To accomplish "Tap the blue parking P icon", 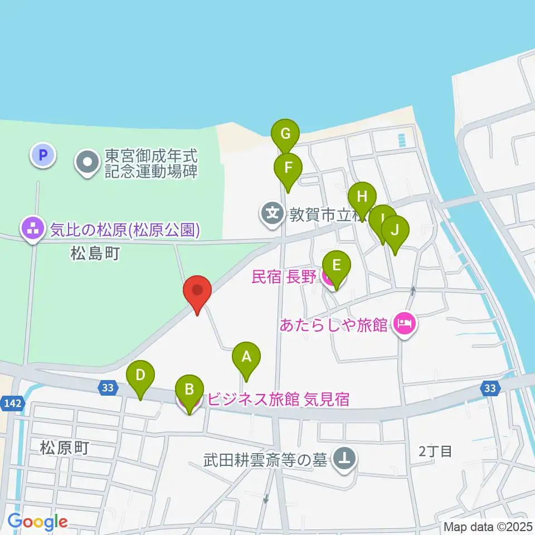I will (43, 154).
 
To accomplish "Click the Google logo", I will (37, 522).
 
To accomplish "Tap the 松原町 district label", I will (65, 448).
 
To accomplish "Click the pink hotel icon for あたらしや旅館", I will (405, 324).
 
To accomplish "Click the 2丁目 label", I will (435, 451).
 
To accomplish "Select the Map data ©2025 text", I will (488, 526).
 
